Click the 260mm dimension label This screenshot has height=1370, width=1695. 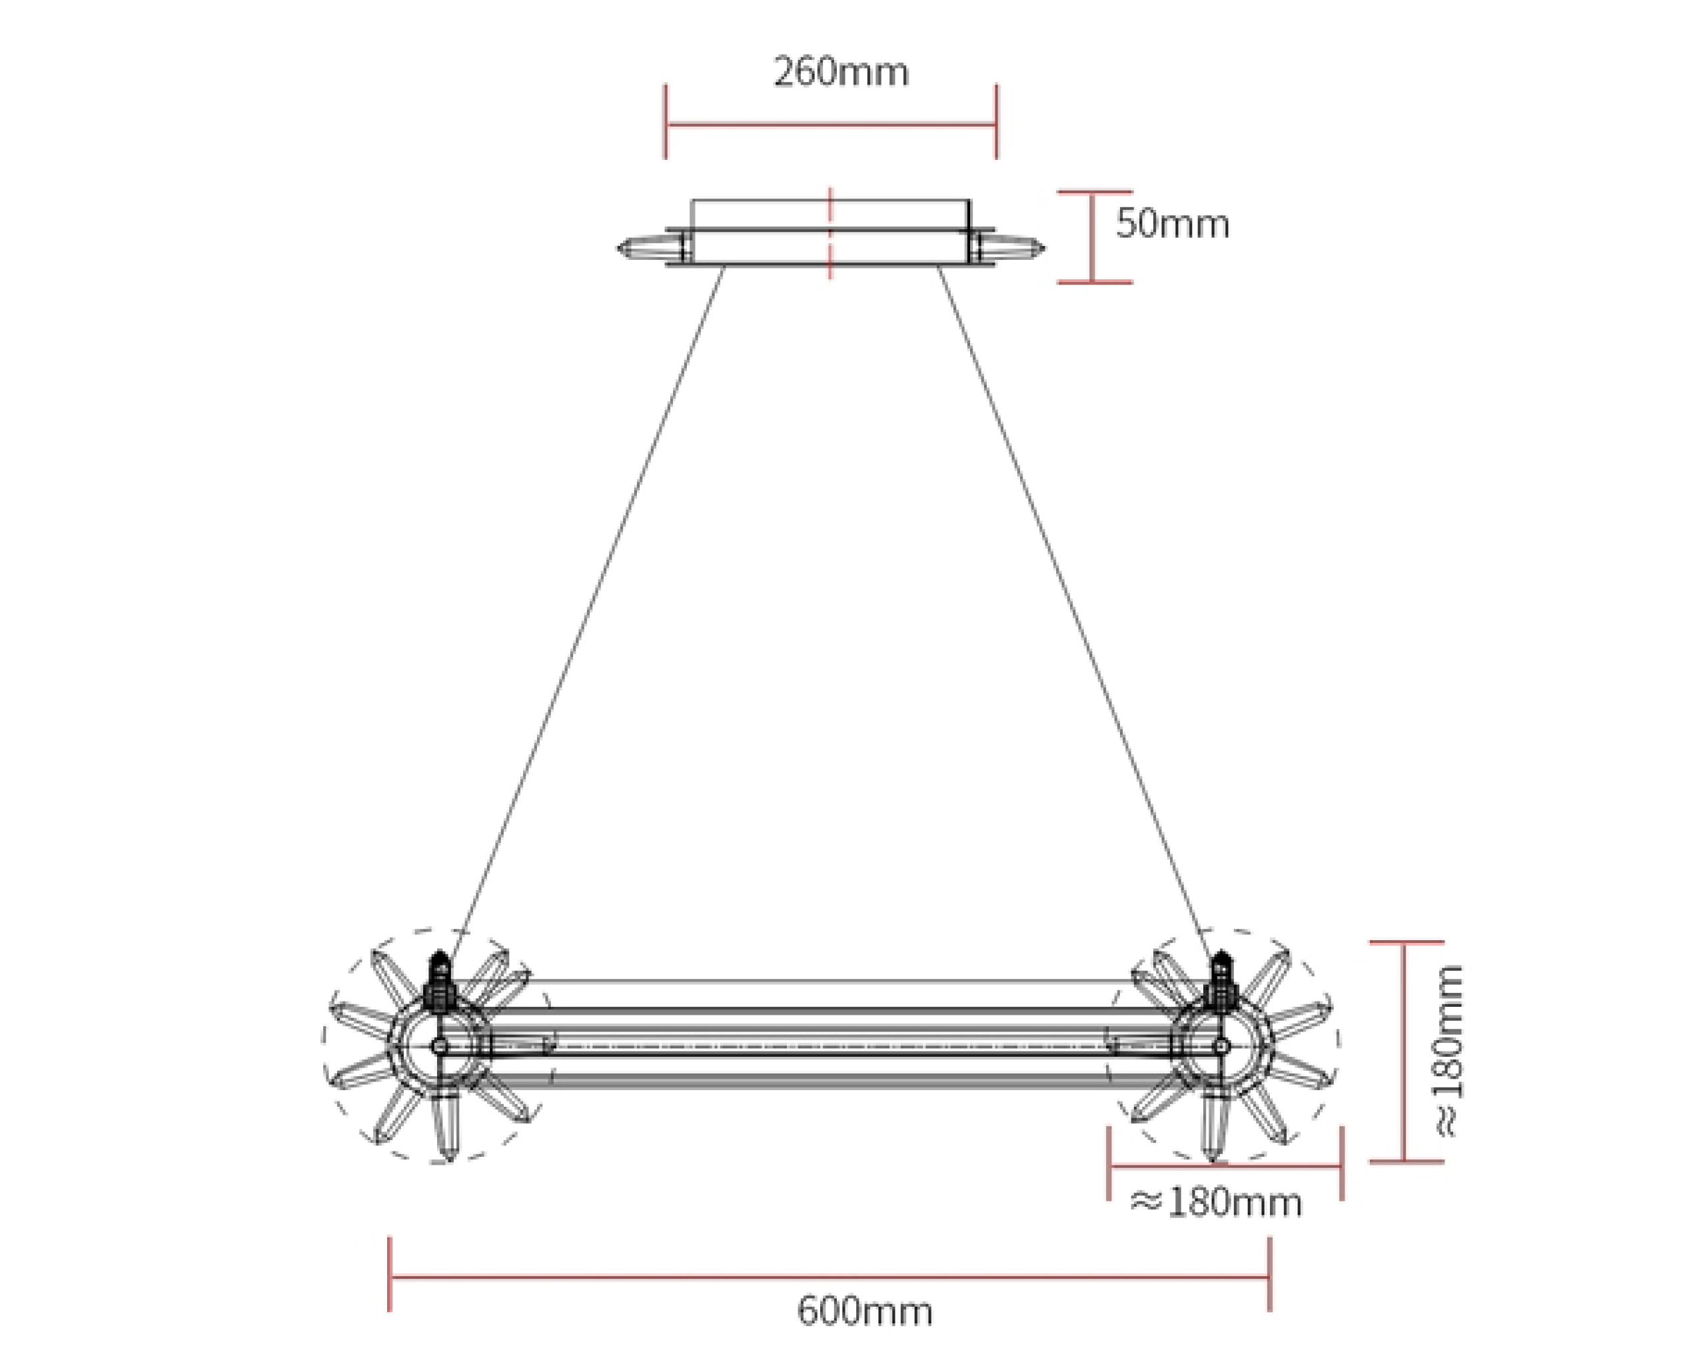pos(840,73)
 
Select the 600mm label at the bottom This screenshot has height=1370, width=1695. pos(864,1311)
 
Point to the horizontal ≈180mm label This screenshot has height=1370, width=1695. pos(1216,1203)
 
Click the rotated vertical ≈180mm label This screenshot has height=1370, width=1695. pos(1448,1050)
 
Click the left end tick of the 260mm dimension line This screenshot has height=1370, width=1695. pos(665,123)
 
